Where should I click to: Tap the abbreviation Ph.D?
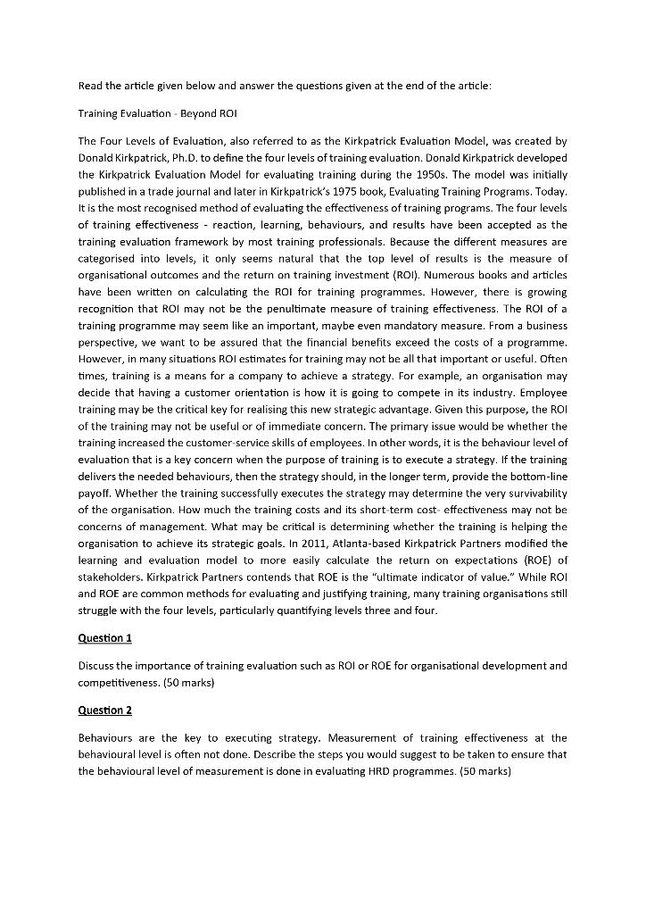182,158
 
